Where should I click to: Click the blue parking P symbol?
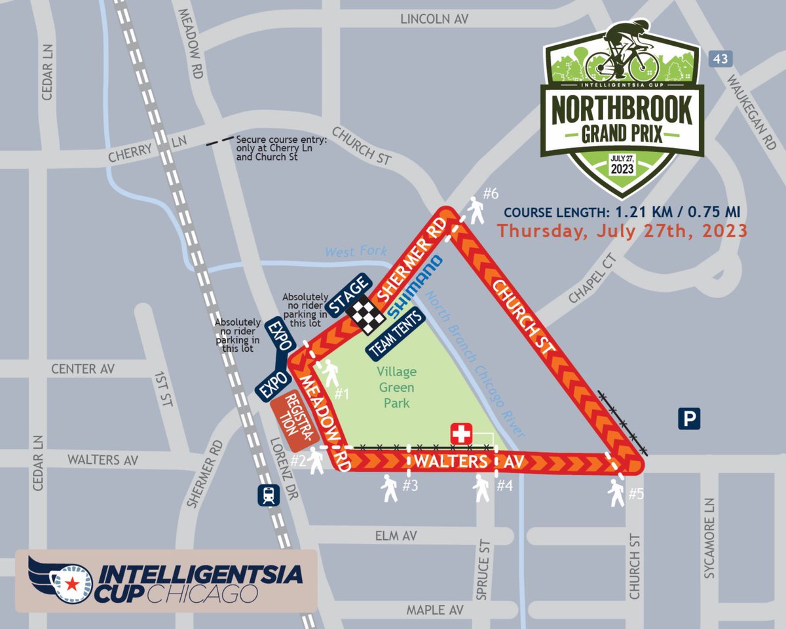point(689,418)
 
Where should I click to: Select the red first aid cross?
point(462,434)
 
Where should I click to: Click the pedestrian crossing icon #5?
point(616,493)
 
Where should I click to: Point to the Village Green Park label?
point(397,387)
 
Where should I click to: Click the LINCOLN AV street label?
point(435,20)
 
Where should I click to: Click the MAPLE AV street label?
point(435,611)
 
